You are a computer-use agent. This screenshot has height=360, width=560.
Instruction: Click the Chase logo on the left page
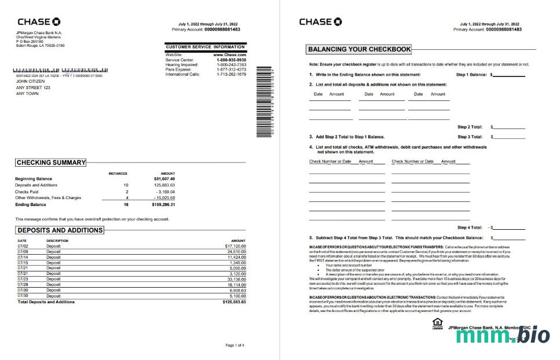(39, 22)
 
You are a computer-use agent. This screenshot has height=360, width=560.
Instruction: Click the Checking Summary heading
(51, 163)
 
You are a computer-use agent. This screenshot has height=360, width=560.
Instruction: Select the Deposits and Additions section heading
(60, 230)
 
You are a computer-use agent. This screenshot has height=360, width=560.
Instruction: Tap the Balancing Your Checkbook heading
(359, 50)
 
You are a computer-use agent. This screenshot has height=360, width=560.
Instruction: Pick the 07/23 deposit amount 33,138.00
(235, 279)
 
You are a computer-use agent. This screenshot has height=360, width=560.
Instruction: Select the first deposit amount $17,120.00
(235, 247)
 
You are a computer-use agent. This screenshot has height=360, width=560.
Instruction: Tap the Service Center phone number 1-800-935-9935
(231, 60)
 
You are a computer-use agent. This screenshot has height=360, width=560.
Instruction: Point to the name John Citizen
(30, 82)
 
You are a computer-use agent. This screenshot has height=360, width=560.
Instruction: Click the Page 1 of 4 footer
(235, 346)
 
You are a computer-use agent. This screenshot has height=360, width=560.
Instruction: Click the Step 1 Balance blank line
(509, 75)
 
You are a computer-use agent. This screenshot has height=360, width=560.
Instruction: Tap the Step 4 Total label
(470, 227)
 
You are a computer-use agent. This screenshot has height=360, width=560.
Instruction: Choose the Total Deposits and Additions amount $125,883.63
(234, 302)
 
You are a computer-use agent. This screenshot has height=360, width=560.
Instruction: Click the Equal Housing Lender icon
(437, 323)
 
